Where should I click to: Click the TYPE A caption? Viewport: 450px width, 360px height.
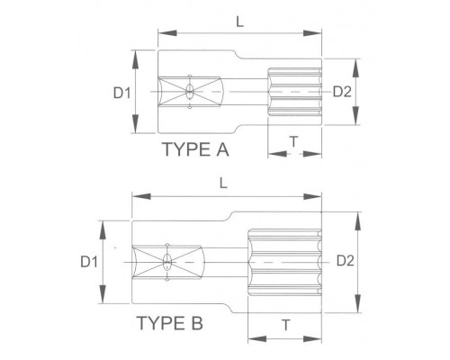click(195, 149)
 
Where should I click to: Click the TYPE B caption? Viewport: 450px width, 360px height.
click(170, 323)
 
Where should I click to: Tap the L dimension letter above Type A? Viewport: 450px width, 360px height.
click(239, 22)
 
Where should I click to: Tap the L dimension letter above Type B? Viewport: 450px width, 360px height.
click(223, 183)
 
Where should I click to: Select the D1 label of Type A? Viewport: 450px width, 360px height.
click(121, 93)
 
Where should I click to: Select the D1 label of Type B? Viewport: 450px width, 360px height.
click(89, 262)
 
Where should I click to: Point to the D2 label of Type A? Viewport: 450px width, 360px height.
click(342, 92)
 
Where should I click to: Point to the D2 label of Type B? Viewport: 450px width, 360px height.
click(346, 260)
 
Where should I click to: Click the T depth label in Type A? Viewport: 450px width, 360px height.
click(294, 141)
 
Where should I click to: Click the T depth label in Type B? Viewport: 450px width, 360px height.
click(286, 325)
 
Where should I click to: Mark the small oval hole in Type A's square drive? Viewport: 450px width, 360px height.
click(189, 91)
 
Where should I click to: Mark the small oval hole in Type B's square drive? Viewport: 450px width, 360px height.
click(166, 262)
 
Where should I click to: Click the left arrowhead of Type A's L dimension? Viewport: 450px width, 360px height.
click(166, 33)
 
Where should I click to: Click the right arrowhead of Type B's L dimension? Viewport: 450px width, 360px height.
click(312, 197)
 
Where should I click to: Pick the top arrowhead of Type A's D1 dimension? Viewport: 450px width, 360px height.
click(136, 59)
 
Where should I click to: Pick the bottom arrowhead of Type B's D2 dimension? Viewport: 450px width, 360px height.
click(357, 303)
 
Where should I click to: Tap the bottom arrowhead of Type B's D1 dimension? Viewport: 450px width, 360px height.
click(103, 294)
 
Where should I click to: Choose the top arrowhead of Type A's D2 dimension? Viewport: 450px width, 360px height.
click(355, 67)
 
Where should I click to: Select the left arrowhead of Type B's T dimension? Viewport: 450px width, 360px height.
click(257, 339)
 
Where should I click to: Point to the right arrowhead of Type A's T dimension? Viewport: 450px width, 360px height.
click(312, 154)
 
